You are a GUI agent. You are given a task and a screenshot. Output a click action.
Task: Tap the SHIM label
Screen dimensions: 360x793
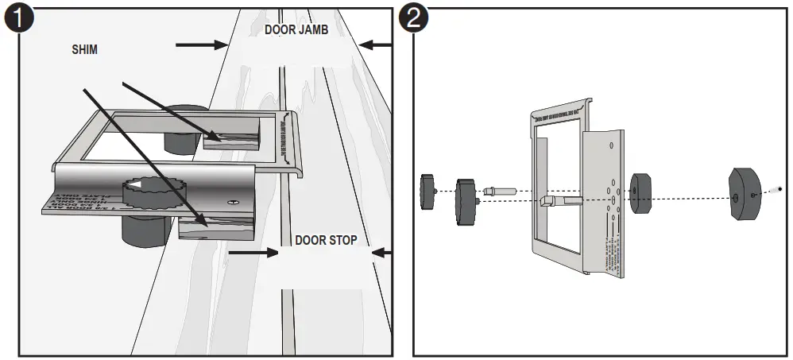tap(86, 49)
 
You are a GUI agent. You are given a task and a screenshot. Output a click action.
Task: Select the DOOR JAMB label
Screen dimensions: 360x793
tap(296, 30)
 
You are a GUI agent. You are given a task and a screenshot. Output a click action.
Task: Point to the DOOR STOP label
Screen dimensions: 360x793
tap(326, 239)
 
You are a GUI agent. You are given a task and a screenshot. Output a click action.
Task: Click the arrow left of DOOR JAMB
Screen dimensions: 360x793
tap(201, 45)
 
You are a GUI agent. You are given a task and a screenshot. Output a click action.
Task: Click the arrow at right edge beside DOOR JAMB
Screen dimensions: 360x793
tap(377, 45)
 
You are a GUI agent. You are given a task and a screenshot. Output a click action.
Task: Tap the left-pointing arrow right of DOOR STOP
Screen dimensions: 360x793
tap(382, 254)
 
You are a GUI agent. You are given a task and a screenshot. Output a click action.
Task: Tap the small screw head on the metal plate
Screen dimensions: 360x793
tap(231, 203)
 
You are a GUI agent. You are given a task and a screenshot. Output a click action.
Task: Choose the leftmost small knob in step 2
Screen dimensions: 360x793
tap(428, 193)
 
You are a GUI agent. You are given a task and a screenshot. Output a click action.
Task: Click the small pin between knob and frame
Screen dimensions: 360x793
tap(499, 191)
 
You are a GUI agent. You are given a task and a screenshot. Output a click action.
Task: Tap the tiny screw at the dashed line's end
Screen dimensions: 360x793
tap(777, 190)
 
